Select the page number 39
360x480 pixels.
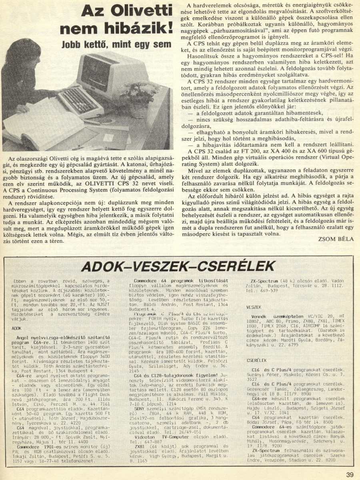point(350,475)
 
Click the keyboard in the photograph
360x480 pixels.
point(80,102)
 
